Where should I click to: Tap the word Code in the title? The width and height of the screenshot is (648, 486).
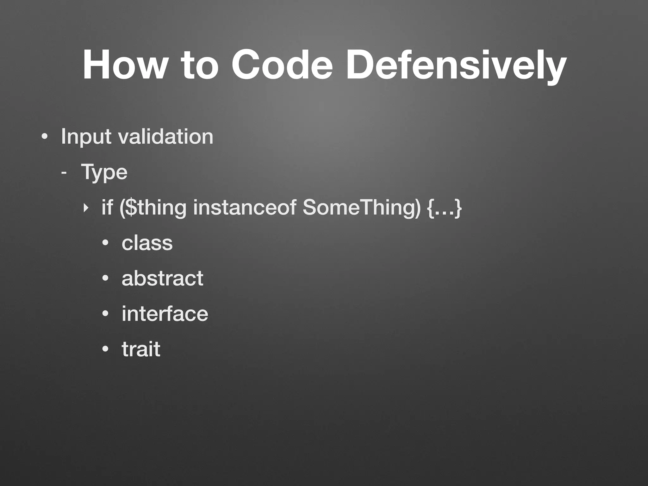pos(282,65)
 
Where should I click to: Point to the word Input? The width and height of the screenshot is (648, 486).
pos(86,137)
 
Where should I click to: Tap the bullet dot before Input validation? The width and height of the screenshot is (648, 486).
pos(45,137)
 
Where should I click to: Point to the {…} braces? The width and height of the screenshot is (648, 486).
pos(445,208)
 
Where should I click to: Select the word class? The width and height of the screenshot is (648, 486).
pos(147,243)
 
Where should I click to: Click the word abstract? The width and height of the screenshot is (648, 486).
pos(162,278)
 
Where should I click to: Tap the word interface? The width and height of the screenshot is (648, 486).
pos(165,314)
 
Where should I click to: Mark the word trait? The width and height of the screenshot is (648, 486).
pos(141,349)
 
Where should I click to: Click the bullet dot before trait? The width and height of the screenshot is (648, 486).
pos(105,350)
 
